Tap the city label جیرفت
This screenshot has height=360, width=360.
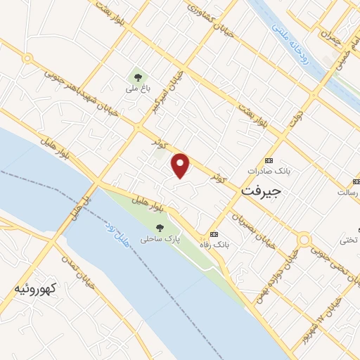coord(261,190)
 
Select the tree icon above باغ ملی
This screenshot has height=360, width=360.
coord(135,76)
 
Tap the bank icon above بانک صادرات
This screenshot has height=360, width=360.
coord(267,160)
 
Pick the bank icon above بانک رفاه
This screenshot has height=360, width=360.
coord(214,234)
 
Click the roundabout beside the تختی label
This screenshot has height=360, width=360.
coord(304,240)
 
